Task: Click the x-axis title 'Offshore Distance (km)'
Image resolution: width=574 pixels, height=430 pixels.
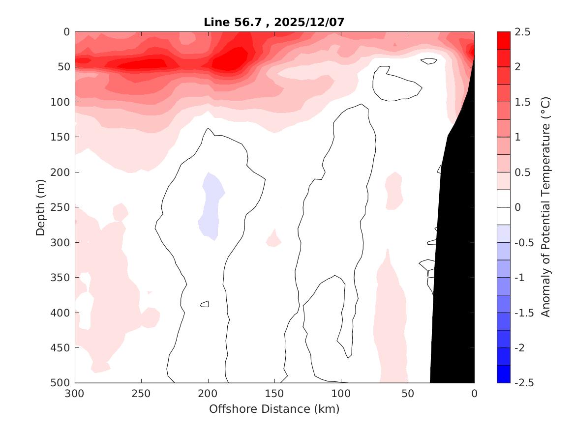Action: (274, 409)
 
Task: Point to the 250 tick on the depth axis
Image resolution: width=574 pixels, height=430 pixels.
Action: (62, 207)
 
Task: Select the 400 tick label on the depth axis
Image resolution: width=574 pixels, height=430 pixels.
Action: (62, 313)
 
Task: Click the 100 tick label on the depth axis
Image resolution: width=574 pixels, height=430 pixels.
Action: (62, 102)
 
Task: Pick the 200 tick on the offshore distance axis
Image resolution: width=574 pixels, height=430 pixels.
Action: (208, 394)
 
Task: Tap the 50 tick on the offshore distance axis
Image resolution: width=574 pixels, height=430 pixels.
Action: (407, 394)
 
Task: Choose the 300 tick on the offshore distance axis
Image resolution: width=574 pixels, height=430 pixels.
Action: (75, 394)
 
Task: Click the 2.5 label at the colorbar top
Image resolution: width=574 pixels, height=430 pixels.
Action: (523, 32)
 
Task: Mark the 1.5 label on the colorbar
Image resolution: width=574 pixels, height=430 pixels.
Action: (523, 102)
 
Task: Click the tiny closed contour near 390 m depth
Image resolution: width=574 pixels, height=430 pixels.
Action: (205, 304)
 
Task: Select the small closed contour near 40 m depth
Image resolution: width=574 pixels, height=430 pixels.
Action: (429, 61)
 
